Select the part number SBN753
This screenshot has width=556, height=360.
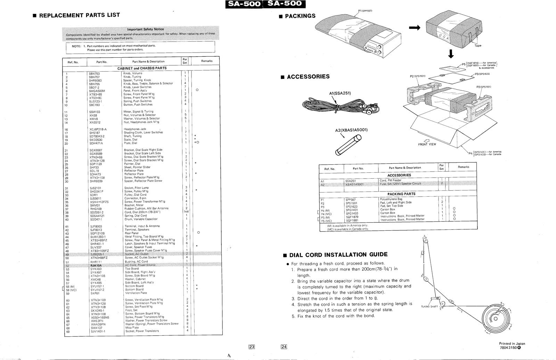tap(94, 74)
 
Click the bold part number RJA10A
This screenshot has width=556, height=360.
tap(96, 265)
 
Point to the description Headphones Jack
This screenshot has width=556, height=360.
tap(135, 129)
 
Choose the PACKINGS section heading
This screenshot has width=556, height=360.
tap(300, 16)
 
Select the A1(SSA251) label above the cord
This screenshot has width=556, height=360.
tap(340, 93)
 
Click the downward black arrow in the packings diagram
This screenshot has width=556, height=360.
tap(451, 54)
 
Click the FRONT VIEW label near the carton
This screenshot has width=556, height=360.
tap(427, 144)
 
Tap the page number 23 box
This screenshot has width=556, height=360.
tap(252, 346)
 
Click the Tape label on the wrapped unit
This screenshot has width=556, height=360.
tap(478, 46)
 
